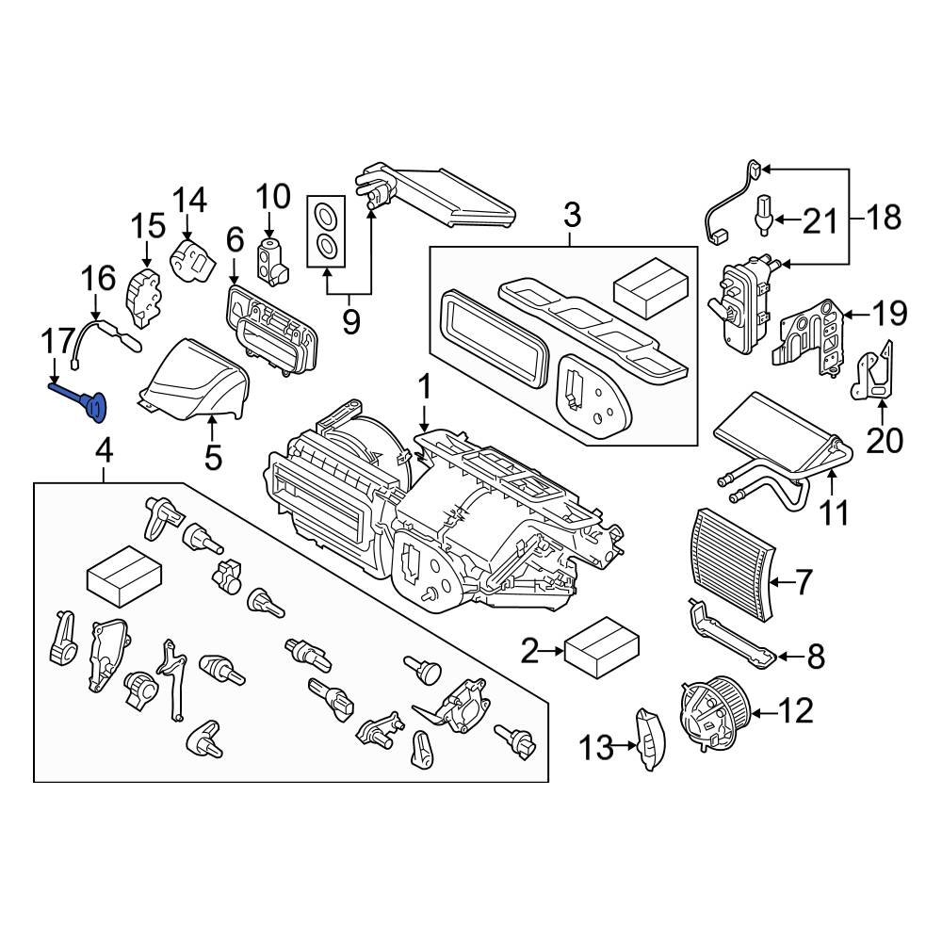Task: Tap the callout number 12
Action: (795, 711)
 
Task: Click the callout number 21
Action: (819, 221)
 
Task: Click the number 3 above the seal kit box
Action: (571, 217)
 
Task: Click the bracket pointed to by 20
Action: (876, 378)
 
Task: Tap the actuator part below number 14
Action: (192, 255)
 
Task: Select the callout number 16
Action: (98, 280)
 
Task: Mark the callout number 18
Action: (882, 219)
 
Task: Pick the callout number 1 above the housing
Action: (424, 388)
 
